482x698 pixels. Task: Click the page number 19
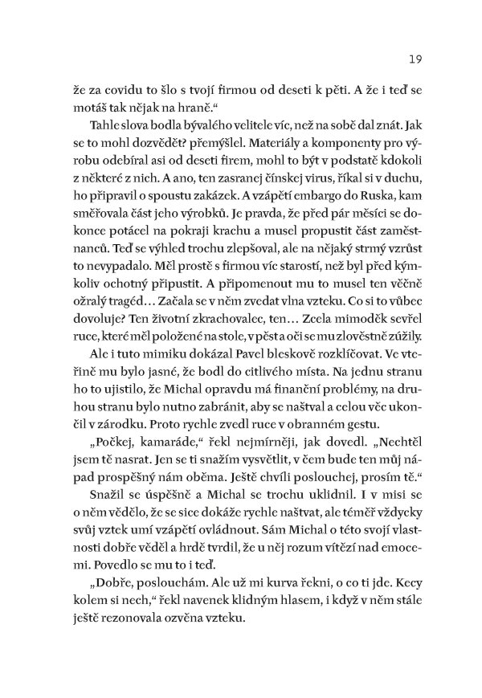(403, 59)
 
